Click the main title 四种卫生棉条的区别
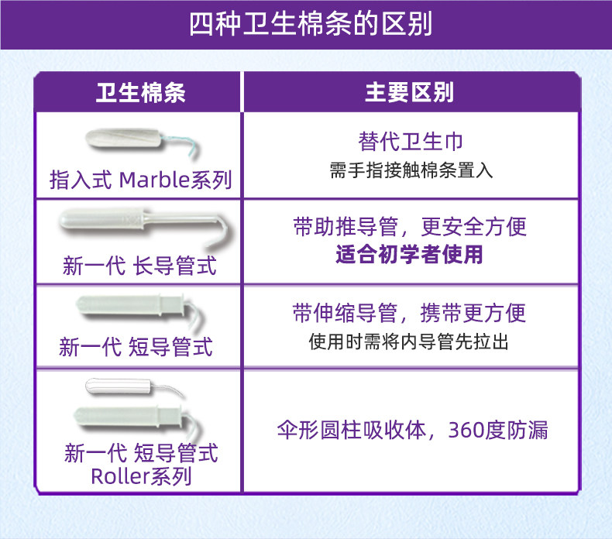[x=311, y=24]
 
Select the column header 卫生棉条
[x=140, y=93]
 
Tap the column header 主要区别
[x=409, y=93]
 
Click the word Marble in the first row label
[x=154, y=180]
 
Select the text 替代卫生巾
[x=411, y=141]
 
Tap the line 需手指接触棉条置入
[x=411, y=170]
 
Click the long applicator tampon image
[x=145, y=226]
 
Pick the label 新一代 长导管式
[x=139, y=266]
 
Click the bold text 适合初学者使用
[x=409, y=254]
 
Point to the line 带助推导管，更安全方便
[x=410, y=227]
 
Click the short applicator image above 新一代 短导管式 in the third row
[x=140, y=311]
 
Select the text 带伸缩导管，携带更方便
[x=409, y=313]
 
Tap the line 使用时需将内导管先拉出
[x=409, y=342]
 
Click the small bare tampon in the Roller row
[x=135, y=387]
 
